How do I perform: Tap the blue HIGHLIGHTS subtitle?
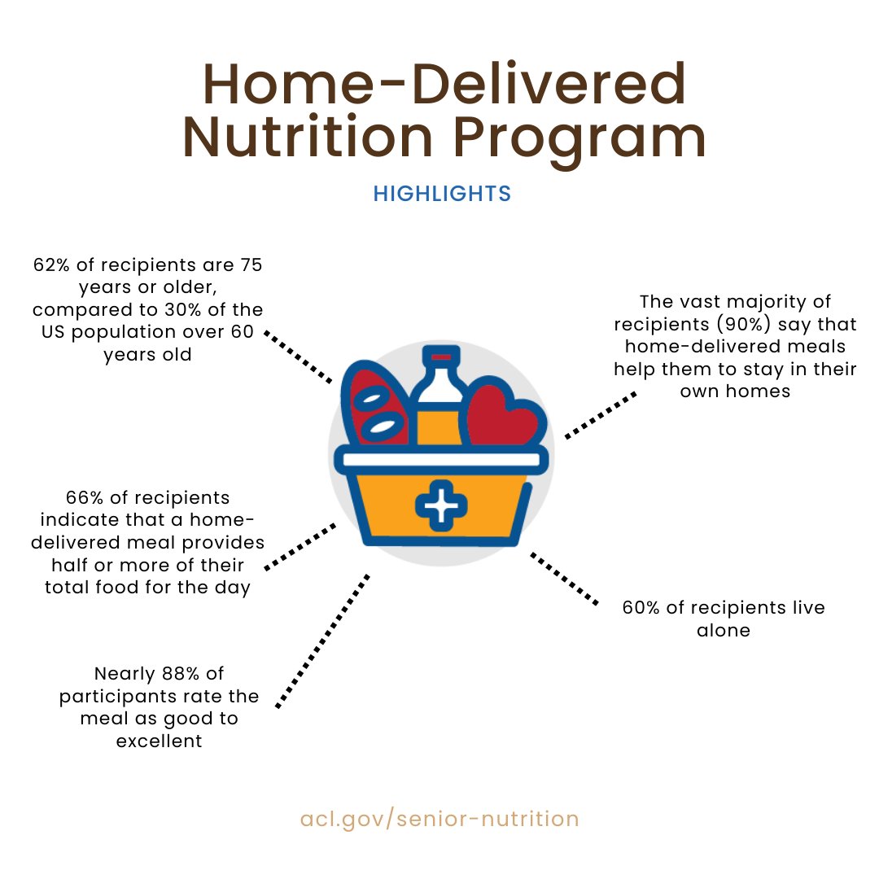(442, 194)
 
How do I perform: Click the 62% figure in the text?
(50, 265)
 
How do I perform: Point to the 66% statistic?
(81, 497)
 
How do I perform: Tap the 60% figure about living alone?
(640, 608)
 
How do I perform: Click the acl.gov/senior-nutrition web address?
(439, 818)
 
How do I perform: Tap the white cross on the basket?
(442, 506)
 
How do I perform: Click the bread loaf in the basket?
(376, 407)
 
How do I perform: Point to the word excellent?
(159, 741)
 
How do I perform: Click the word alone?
(724, 631)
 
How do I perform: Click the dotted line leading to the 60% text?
(564, 578)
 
